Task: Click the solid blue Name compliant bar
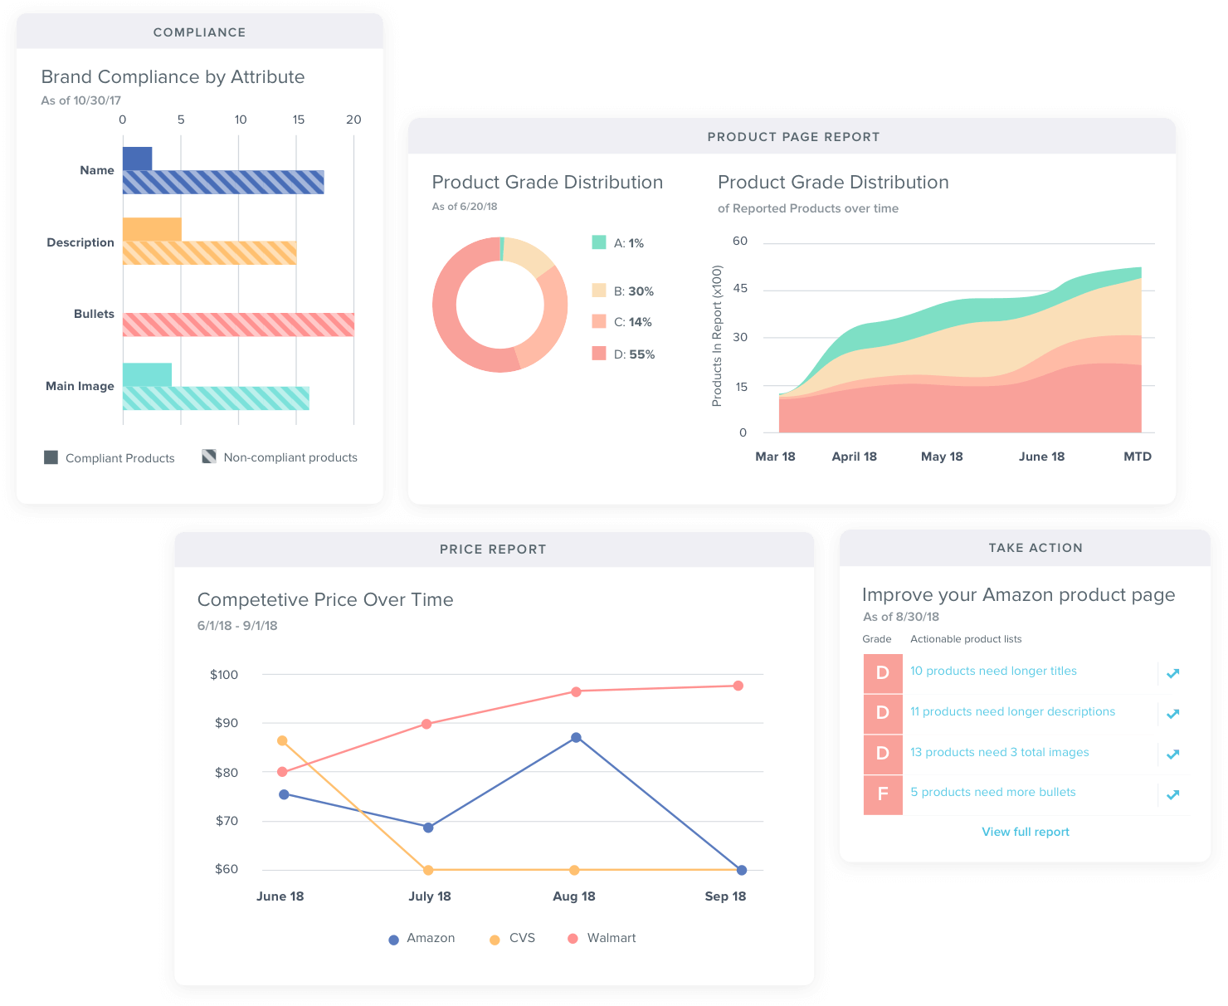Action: [x=137, y=159]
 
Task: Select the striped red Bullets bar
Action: [x=238, y=325]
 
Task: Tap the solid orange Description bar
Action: [x=152, y=229]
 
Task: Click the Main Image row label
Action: [x=80, y=386]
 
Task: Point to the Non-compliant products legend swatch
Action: [x=209, y=457]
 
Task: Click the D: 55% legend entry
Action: [x=623, y=354]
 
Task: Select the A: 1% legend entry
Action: [x=618, y=243]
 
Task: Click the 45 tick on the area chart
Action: [x=740, y=288]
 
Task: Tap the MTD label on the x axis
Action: [x=1137, y=457]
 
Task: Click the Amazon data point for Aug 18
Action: [x=576, y=737]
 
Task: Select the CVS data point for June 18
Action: [x=282, y=740]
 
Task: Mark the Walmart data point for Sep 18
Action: [x=738, y=686]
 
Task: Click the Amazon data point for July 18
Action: [x=428, y=828]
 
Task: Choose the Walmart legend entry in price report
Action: [x=602, y=938]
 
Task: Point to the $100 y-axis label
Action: [x=224, y=675]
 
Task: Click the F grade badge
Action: [x=883, y=794]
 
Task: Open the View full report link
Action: [x=1026, y=832]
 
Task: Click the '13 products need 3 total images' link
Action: [x=999, y=752]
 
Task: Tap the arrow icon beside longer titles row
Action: [x=1172, y=673]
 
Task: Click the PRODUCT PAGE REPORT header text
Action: [x=793, y=137]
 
